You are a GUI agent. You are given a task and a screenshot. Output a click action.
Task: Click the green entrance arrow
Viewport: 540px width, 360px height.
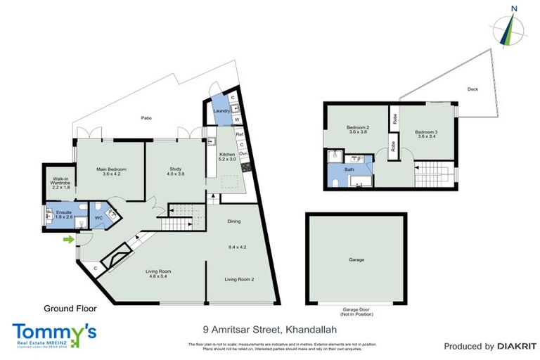coord(68,240)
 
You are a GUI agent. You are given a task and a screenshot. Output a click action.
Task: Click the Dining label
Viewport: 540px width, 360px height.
coord(234,221)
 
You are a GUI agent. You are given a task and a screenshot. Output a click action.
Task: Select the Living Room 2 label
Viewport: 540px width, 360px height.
coord(239,280)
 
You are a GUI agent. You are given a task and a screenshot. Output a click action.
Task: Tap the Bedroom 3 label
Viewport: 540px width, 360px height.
coord(426,131)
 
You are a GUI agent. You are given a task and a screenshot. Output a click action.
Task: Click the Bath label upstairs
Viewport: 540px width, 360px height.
coord(349,170)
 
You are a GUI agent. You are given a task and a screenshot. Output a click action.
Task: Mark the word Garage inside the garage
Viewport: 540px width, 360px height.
coord(356,260)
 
